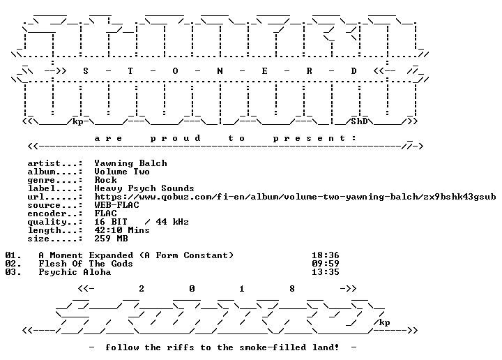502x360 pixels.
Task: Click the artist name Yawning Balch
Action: click(x=130, y=163)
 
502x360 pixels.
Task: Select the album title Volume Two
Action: click(x=122, y=172)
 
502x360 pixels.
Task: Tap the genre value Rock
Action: click(x=105, y=180)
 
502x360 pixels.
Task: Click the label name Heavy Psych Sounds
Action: click(x=144, y=188)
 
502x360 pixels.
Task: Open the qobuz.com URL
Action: click(x=295, y=197)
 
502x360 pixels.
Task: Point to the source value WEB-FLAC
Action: click(x=116, y=205)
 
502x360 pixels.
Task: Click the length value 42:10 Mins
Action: click(x=122, y=230)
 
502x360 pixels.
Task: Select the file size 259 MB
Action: click(x=111, y=239)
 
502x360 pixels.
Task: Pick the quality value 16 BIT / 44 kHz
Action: click(x=142, y=222)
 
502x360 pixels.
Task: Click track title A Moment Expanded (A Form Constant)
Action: click(x=136, y=255)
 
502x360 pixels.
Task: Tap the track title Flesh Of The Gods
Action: click(x=86, y=264)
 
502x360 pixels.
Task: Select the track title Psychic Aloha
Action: click(x=75, y=272)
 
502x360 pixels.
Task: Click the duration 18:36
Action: click(x=326, y=255)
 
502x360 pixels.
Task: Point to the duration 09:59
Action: click(x=326, y=264)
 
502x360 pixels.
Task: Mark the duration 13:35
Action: click(x=326, y=272)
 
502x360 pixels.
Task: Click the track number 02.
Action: click(x=13, y=264)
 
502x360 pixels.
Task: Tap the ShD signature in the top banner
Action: click(x=359, y=121)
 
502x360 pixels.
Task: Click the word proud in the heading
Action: click(x=176, y=138)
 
